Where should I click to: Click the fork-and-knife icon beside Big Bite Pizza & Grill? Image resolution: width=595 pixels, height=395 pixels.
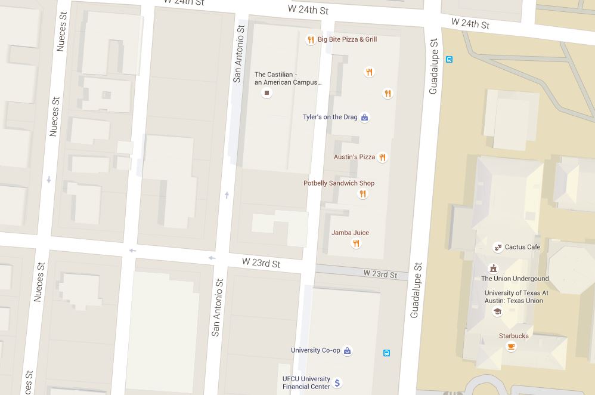(310, 40)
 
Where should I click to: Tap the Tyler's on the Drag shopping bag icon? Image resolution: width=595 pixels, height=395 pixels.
(364, 118)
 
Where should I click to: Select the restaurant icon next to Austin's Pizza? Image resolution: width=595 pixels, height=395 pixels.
(382, 158)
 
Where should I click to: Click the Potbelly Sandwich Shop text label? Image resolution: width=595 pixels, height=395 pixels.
(339, 183)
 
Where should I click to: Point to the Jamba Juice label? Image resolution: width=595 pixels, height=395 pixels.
(350, 233)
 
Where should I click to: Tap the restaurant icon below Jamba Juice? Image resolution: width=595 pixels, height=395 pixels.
(356, 243)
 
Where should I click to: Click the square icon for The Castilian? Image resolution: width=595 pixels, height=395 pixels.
(266, 93)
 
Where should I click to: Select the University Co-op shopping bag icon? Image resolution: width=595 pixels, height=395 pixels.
(347, 351)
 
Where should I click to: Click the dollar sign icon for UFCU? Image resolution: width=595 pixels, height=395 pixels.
(337, 382)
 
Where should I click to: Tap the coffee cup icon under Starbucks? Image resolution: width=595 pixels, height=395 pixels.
(510, 347)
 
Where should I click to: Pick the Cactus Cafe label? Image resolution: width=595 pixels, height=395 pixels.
(522, 247)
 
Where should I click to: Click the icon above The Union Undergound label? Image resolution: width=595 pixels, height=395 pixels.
(492, 269)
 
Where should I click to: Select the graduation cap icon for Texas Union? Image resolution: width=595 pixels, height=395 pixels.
(497, 311)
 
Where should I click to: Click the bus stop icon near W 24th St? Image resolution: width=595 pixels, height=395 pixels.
(449, 59)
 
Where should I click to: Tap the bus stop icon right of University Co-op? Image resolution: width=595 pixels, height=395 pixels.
(386, 353)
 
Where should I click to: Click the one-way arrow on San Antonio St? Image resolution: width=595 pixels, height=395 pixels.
(227, 195)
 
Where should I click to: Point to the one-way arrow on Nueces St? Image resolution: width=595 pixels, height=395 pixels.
(49, 179)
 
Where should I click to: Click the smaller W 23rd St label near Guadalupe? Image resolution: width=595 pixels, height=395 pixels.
(380, 274)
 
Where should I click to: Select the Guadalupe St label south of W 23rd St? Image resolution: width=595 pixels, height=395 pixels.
(416, 290)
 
